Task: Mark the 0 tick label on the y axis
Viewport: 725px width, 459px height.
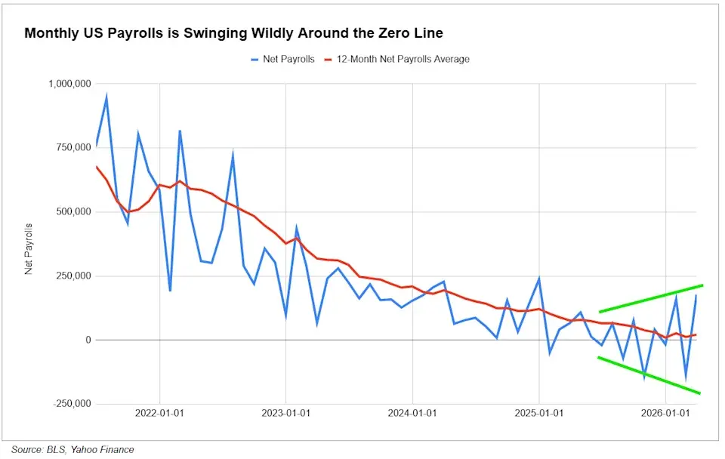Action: coord(88,340)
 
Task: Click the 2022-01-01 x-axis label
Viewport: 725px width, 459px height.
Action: coord(159,413)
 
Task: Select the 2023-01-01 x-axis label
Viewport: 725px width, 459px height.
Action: coord(286,413)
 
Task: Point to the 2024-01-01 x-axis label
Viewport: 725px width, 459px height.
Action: coord(412,413)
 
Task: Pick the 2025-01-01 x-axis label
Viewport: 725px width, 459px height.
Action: coord(539,413)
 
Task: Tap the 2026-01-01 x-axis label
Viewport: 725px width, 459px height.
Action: coord(665,413)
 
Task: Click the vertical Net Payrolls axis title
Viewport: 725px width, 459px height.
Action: coord(29,248)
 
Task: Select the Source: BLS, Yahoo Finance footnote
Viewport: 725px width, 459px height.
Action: coord(72,449)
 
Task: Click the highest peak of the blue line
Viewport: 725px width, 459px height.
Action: coord(106,97)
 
